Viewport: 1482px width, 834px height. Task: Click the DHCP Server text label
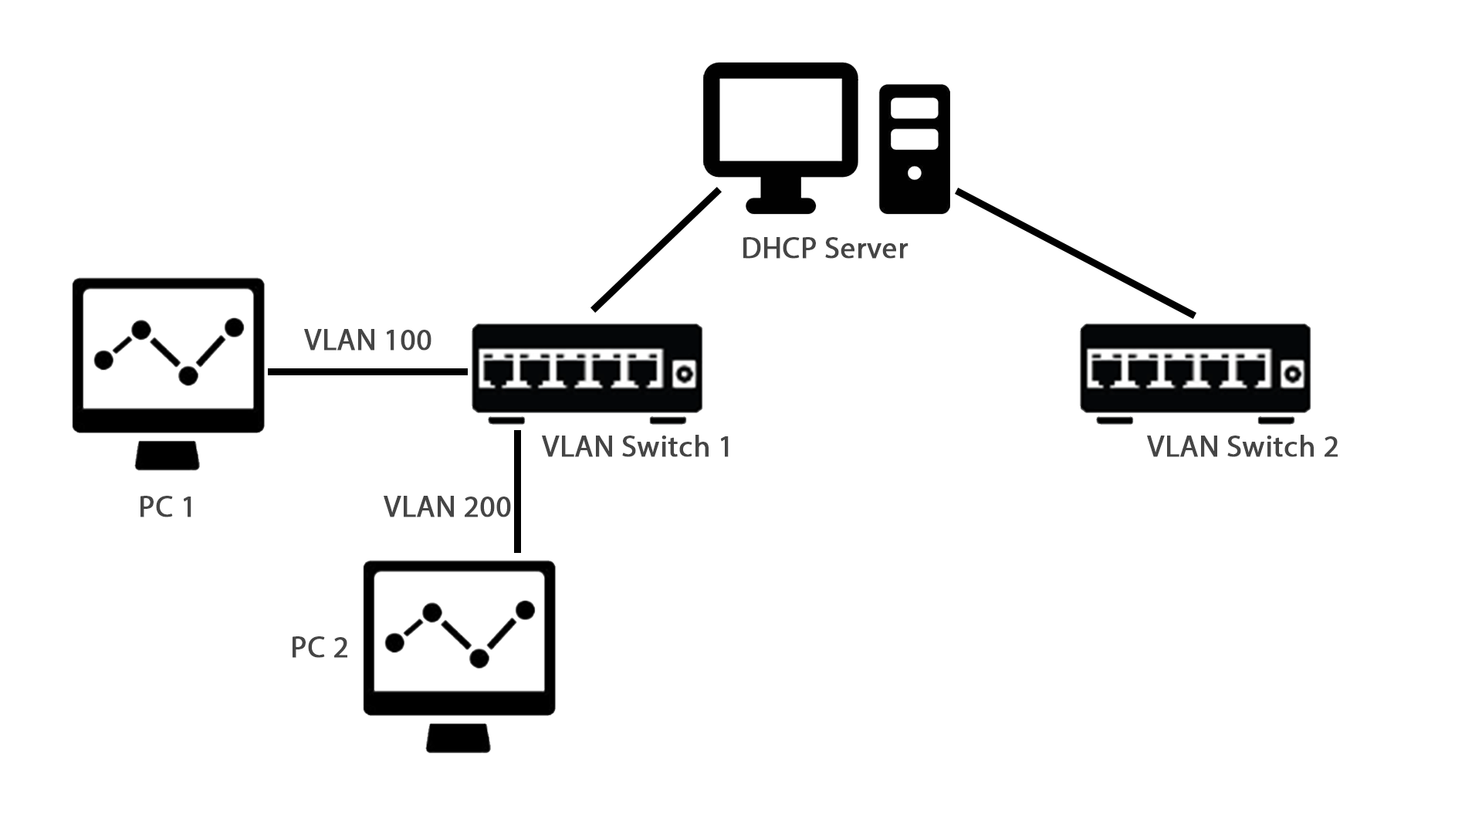pos(824,249)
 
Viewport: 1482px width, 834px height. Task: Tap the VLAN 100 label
pos(367,340)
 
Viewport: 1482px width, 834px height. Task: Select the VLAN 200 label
pos(447,507)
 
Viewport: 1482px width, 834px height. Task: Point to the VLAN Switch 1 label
pos(636,447)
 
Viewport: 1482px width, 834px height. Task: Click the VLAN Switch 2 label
pos(1242,447)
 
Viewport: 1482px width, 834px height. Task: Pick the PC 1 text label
pos(166,507)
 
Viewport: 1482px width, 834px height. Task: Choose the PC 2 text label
pos(319,647)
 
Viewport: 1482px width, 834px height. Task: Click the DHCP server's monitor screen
pos(780,120)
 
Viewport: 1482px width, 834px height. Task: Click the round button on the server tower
pos(915,173)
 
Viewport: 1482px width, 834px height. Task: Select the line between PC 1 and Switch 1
pos(367,372)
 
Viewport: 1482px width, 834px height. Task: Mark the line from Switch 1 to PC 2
pos(517,494)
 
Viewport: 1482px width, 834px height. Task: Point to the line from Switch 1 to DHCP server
pos(656,249)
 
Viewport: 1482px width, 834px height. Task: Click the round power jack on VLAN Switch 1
pos(683,375)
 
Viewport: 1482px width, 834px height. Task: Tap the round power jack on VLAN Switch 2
pos(1291,375)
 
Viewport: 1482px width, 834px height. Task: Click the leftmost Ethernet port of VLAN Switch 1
pos(495,371)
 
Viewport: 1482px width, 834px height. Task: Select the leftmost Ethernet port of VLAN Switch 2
pos(1103,371)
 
